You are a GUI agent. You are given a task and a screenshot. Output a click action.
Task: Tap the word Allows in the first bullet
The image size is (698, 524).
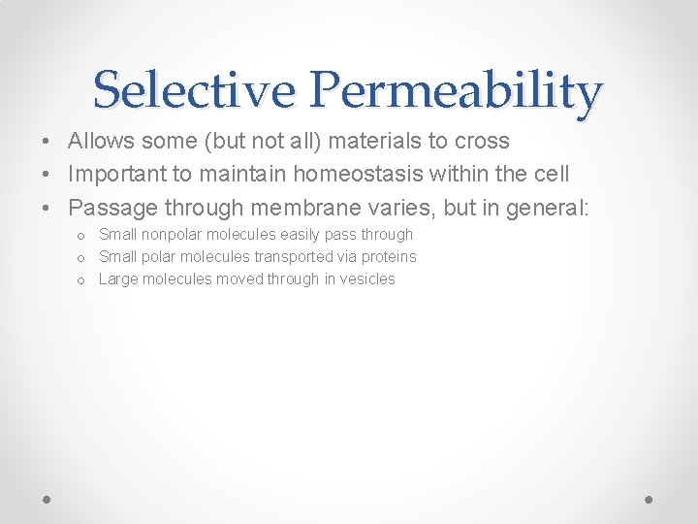pyautogui.click(x=103, y=141)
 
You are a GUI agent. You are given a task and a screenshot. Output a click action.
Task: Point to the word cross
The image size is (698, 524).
pyautogui.click(x=482, y=141)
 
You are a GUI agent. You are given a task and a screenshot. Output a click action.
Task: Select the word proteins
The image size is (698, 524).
pyautogui.click(x=386, y=257)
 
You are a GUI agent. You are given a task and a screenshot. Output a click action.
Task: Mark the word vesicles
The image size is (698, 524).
pyautogui.click(x=366, y=279)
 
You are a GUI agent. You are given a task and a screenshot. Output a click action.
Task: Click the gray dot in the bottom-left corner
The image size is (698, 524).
pyautogui.click(x=48, y=499)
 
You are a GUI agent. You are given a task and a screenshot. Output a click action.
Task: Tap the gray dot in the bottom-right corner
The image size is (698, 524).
pyautogui.click(x=650, y=499)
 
